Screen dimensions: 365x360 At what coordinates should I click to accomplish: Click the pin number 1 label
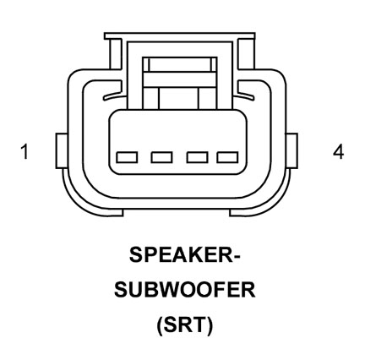25,151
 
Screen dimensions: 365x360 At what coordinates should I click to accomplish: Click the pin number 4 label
339,152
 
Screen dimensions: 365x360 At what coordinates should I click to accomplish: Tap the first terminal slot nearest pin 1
127,157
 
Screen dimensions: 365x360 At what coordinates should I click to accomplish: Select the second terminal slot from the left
161,157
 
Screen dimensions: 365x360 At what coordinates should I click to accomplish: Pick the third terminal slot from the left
198,157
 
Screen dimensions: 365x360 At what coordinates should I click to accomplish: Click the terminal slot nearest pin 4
227,157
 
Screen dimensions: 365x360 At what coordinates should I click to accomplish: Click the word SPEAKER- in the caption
184,254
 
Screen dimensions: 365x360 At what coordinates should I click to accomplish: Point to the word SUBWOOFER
185,290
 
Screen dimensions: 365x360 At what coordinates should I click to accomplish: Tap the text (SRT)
185,325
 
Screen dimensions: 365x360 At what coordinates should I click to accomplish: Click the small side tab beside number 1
62,151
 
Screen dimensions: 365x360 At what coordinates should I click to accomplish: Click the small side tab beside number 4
291,151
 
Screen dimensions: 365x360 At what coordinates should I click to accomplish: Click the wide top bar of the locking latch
180,35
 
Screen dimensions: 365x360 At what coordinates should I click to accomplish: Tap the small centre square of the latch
179,98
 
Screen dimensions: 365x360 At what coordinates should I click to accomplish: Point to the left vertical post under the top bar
116,54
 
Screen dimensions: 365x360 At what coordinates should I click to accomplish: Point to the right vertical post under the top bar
244,54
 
